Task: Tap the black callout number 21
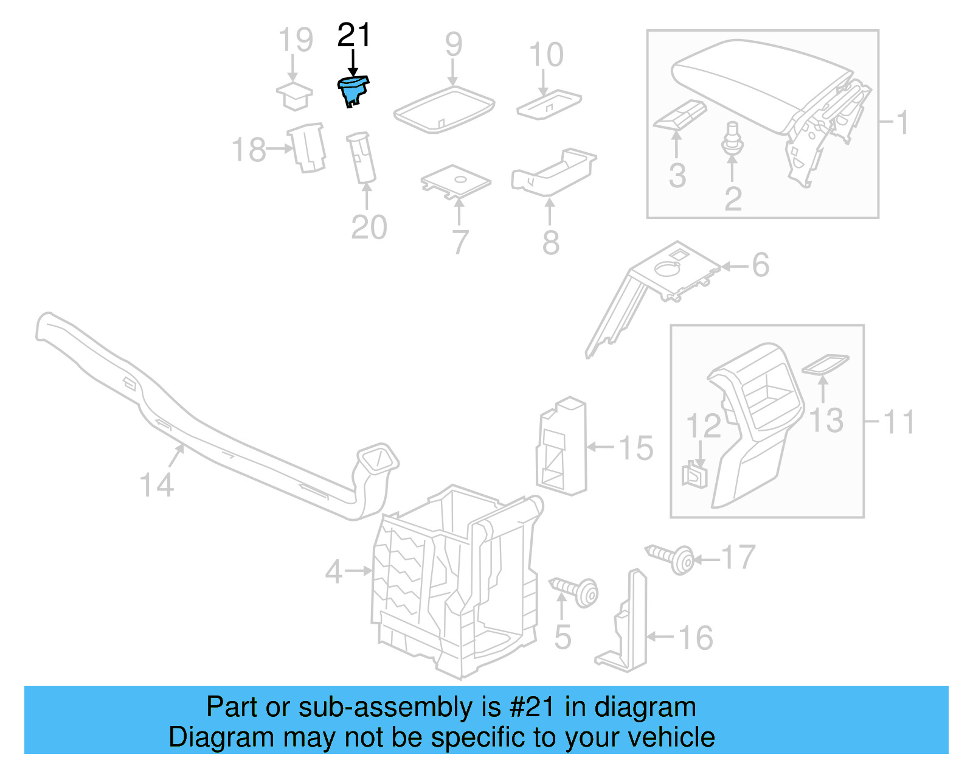point(353,36)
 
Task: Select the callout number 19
point(296,40)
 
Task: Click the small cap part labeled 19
point(295,96)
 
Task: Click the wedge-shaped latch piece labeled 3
point(679,115)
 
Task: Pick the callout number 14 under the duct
point(156,485)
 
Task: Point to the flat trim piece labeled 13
point(825,364)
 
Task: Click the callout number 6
point(760,265)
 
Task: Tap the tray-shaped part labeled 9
point(444,110)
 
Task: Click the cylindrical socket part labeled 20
point(361,158)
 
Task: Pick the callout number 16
point(695,638)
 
